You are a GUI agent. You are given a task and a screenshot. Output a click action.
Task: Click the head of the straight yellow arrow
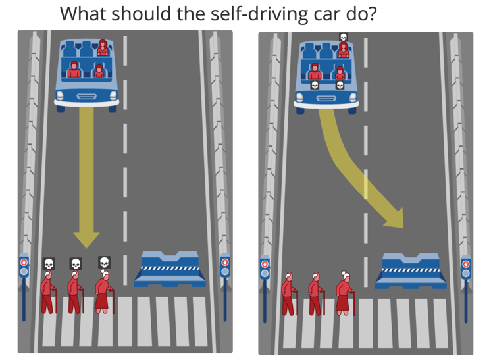tap(86, 238)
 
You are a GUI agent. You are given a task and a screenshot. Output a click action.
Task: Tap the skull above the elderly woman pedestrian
tap(104, 263)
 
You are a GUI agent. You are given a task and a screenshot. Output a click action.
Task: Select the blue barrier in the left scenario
tap(170, 269)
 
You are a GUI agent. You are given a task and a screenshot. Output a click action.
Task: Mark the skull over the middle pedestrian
tap(76, 264)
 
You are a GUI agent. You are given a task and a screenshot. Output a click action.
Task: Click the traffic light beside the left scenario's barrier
tap(225, 266)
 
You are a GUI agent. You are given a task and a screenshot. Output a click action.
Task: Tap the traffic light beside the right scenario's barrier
tap(466, 267)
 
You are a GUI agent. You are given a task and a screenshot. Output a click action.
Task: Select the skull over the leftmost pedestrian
tap(49, 264)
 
